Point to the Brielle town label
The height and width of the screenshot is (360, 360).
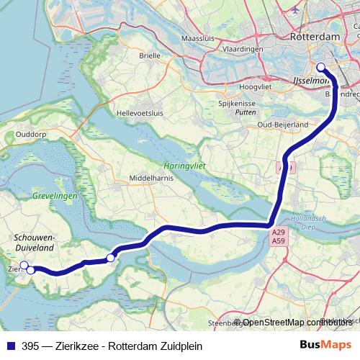click(150, 75)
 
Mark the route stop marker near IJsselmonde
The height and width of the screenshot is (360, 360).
click(321, 69)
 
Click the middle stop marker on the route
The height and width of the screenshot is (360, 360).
click(111, 258)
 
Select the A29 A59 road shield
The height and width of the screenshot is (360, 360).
click(279, 237)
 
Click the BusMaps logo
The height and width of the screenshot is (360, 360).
click(325, 345)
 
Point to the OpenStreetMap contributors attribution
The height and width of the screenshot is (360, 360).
click(297, 323)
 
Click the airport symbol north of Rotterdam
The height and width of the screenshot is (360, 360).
click(297, 11)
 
